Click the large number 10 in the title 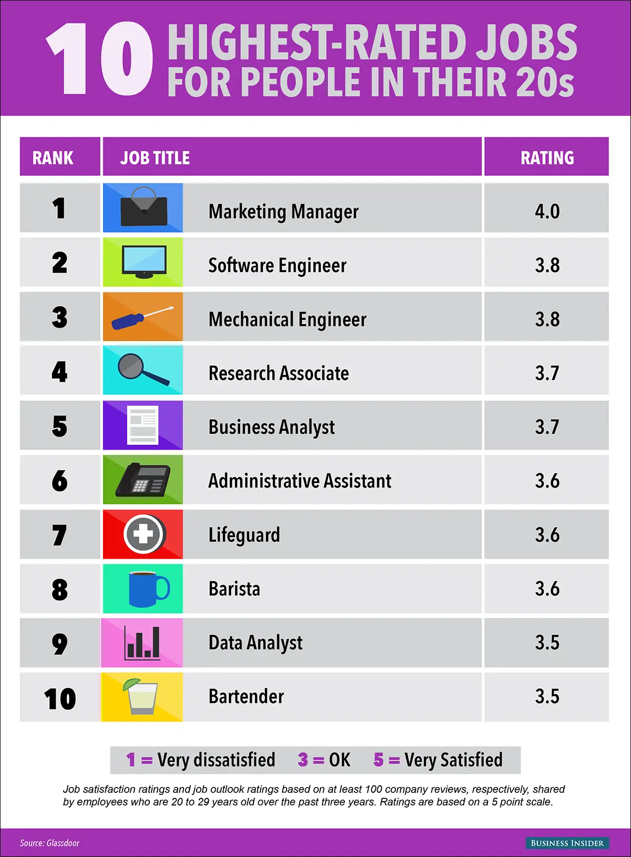[x=100, y=59]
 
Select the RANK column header [x=53, y=157]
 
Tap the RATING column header [x=547, y=157]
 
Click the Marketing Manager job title [x=283, y=212]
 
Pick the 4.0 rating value [x=547, y=212]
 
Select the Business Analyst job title [x=271, y=427]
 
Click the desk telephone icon [x=143, y=481]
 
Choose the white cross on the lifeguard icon [x=143, y=534]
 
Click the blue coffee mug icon [x=147, y=589]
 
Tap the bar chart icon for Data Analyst [x=142, y=643]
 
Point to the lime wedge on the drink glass [x=131, y=684]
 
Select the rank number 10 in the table [x=60, y=699]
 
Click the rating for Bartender [x=547, y=696]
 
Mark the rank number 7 [x=59, y=535]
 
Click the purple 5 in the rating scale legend [x=379, y=760]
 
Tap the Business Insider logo [x=567, y=843]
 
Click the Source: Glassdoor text [x=49, y=843]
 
